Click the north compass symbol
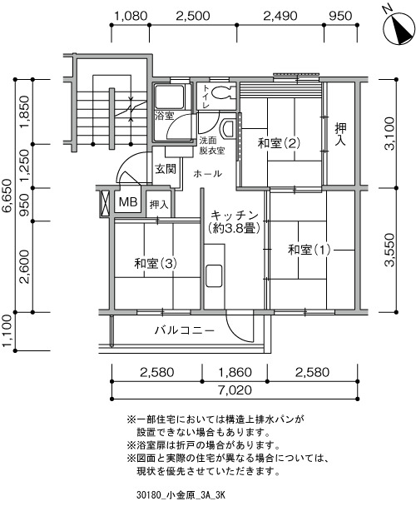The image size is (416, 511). pyautogui.click(x=399, y=27)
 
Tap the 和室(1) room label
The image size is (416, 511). pyautogui.click(x=310, y=250)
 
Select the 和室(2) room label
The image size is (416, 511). pyautogui.click(x=279, y=143)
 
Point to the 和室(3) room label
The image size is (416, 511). pyautogui.click(x=156, y=263)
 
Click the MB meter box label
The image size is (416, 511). pyautogui.click(x=128, y=202)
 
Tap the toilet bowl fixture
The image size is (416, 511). pyautogui.click(x=224, y=92)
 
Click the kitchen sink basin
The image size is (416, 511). pyautogui.click(x=214, y=275)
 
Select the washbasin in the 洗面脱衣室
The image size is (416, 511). pyautogui.click(x=228, y=129)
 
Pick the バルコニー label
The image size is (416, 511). pyautogui.click(x=185, y=330)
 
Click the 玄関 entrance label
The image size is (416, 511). pyautogui.click(x=166, y=169)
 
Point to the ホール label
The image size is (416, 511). pyautogui.click(x=207, y=174)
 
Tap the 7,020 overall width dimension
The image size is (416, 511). pyautogui.click(x=235, y=389)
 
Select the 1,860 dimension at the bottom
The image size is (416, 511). pyautogui.click(x=235, y=372)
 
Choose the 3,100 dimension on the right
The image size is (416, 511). pyautogui.click(x=389, y=133)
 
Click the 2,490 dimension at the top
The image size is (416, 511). pyautogui.click(x=280, y=16)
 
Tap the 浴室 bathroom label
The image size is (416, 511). pyautogui.click(x=164, y=116)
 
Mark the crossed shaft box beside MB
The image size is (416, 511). pyautogui.click(x=105, y=202)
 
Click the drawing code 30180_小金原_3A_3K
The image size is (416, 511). pyautogui.click(x=181, y=496)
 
